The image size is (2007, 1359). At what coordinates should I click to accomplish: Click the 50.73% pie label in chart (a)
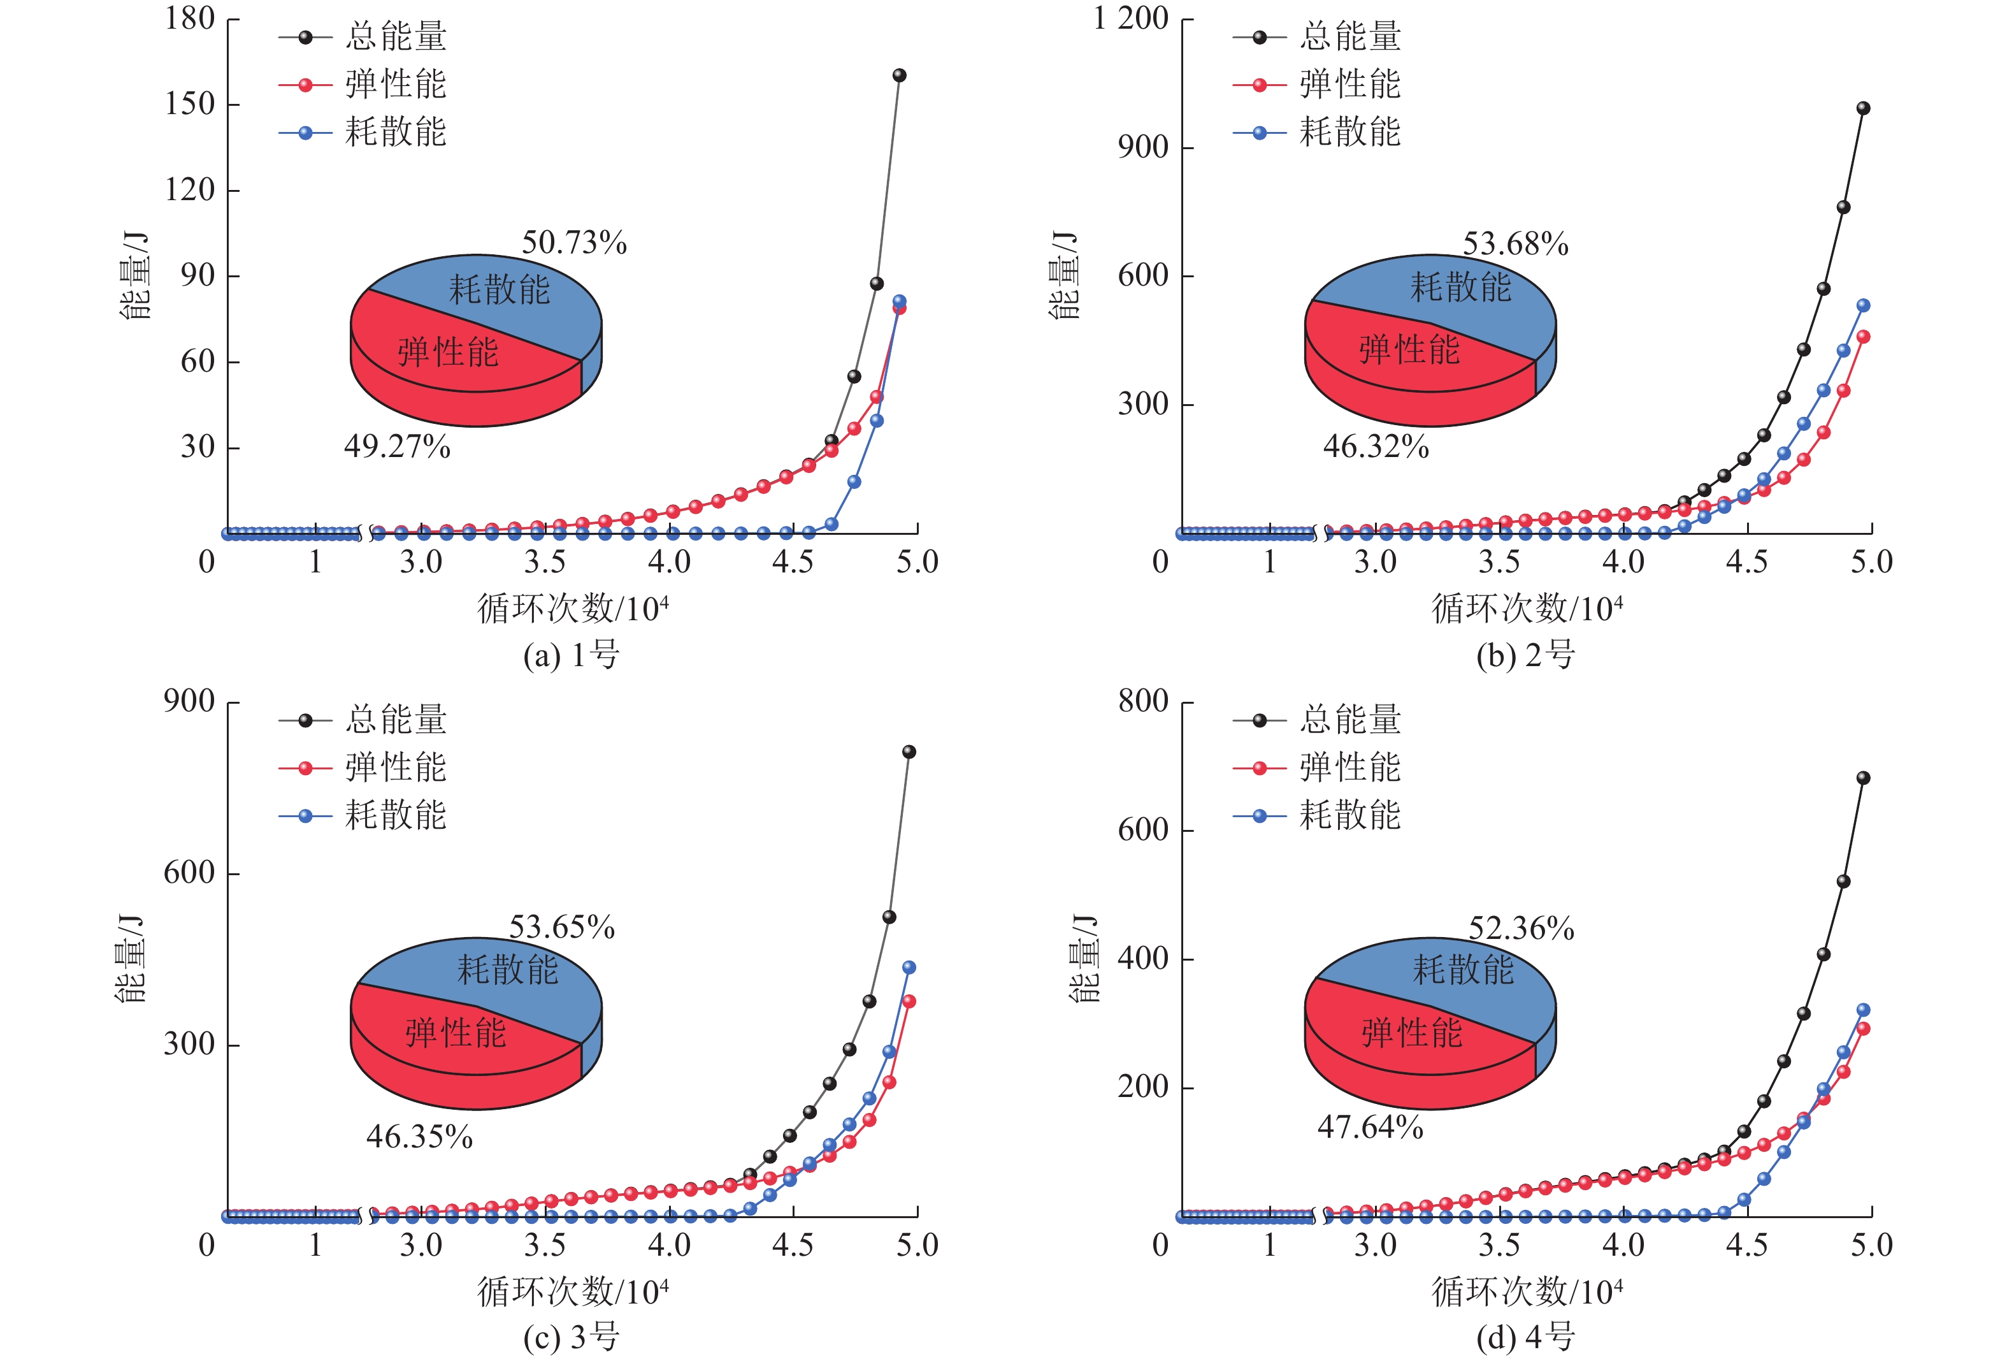[574, 243]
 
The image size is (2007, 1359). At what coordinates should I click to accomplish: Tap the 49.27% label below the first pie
[397, 447]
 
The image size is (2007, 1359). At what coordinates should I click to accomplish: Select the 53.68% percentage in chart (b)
[1516, 243]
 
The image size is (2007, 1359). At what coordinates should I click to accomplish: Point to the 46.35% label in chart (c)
[420, 1136]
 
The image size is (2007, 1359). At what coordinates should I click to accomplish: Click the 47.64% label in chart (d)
[1370, 1126]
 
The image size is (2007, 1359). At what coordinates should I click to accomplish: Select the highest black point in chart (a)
[899, 76]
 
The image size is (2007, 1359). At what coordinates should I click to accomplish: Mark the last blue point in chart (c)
[909, 968]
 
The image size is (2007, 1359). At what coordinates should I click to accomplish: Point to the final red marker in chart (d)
[1863, 1029]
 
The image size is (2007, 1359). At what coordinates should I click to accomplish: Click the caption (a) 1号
[572, 655]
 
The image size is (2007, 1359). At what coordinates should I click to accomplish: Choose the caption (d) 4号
[1525, 1337]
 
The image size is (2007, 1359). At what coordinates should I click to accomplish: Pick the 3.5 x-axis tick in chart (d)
[1499, 1245]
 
